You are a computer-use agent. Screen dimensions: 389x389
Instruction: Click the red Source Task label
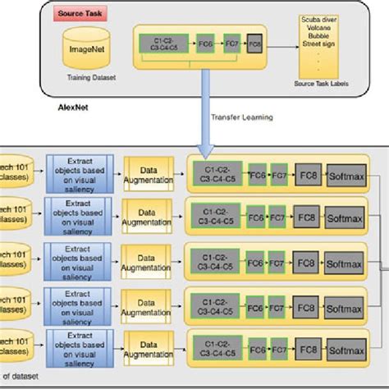78,16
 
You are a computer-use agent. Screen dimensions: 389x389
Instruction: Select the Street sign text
323,51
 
